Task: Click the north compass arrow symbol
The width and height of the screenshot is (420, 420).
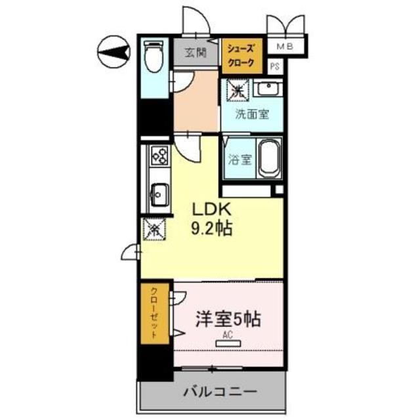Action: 113,52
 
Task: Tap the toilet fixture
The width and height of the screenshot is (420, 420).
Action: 152,58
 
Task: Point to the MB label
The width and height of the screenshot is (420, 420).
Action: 285,46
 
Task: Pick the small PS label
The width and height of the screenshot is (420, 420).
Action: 275,66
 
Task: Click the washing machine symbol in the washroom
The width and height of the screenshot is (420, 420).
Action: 237,89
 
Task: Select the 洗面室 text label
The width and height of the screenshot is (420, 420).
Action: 253,113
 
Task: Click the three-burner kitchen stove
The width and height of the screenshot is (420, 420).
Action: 159,156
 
